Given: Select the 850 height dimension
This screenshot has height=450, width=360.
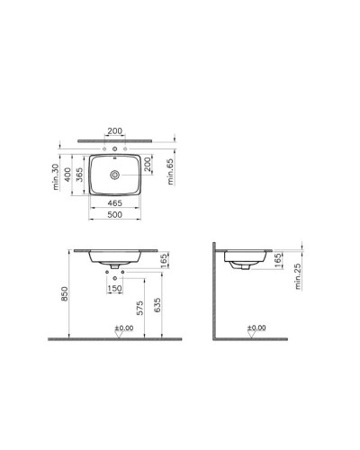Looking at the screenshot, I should click(x=62, y=294).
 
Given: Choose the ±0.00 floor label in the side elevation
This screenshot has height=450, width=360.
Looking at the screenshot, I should click(x=258, y=328).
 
